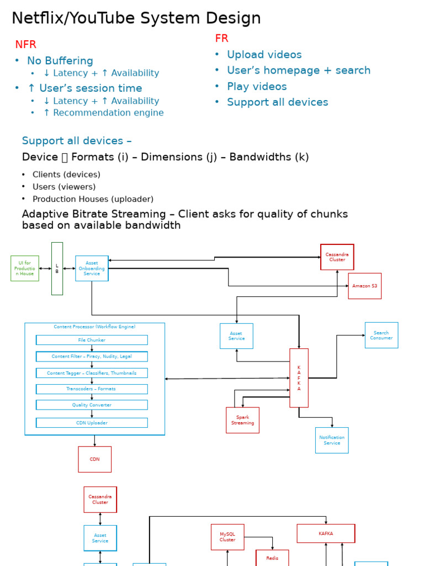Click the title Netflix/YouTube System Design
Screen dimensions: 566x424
click(x=136, y=18)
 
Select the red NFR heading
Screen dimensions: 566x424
click(x=25, y=45)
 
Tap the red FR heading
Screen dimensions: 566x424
click(x=221, y=38)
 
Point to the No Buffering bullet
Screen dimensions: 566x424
click(x=60, y=61)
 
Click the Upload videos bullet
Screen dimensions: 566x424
click(x=264, y=55)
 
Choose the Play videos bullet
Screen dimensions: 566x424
click(x=257, y=87)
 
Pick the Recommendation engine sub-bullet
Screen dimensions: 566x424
click(x=103, y=113)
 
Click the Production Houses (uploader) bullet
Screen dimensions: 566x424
click(x=93, y=199)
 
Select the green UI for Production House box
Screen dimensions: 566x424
click(x=25, y=268)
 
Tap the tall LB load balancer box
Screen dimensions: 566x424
click(x=57, y=269)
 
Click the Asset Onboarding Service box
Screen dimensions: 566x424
click(x=92, y=268)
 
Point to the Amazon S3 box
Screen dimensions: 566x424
click(x=364, y=286)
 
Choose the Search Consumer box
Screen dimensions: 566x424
click(x=381, y=335)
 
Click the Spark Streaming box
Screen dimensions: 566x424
click(x=242, y=420)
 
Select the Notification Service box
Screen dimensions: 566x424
click(x=332, y=440)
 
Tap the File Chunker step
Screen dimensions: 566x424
click(x=92, y=340)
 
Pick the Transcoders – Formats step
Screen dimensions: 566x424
click(x=92, y=389)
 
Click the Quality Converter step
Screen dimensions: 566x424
click(x=92, y=405)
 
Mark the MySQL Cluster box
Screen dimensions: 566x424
click(x=227, y=537)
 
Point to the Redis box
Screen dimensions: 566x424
click(x=272, y=558)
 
